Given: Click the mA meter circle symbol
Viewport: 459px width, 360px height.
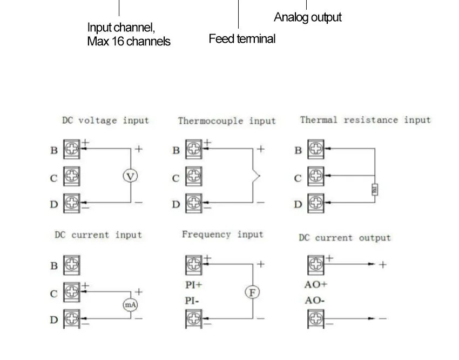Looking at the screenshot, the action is [130, 305].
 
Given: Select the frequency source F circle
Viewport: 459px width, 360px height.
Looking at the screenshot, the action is [252, 292].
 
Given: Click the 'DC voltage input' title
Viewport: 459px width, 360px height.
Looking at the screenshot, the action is [105, 121].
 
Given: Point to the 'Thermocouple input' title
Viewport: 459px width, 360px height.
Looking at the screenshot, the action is [227, 121].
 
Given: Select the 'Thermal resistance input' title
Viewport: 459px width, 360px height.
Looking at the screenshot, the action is [365, 120].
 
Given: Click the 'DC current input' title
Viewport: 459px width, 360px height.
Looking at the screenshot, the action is [98, 235].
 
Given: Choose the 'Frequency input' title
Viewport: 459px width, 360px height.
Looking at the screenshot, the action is [222, 235].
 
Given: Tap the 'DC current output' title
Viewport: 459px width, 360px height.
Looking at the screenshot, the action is [345, 238].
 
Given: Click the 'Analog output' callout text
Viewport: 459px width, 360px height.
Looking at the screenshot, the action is [307, 17].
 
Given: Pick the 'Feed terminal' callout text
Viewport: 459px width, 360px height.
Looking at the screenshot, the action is [242, 39].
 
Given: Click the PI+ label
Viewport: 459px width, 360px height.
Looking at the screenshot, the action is [193, 285].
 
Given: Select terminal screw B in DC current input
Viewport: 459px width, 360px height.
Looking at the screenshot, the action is [72, 265].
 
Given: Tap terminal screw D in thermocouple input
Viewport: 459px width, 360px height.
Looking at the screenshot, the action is [194, 203].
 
